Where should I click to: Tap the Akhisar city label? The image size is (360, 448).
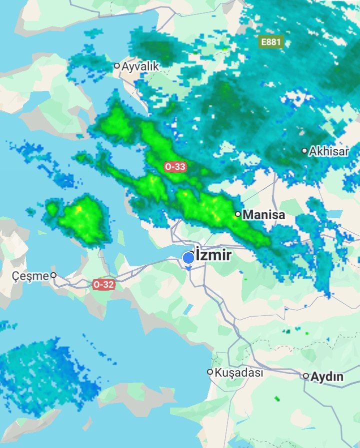click(329, 151)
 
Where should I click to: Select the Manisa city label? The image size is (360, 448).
click(263, 215)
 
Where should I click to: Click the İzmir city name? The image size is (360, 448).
click(213, 255)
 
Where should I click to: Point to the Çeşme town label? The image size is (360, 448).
click(30, 275)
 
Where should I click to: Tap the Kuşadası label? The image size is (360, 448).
click(238, 373)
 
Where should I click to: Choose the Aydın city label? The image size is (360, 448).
click(327, 377)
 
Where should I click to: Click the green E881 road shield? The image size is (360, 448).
click(270, 42)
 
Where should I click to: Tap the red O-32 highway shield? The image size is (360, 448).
click(103, 284)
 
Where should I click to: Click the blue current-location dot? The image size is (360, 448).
click(188, 258)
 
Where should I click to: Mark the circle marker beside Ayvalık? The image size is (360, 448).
click(117, 65)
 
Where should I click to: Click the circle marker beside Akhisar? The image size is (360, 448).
click(304, 150)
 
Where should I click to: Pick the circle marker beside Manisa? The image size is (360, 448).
click(238, 215)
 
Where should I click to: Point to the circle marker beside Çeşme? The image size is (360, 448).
click(53, 275)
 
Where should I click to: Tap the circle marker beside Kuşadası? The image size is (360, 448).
click(210, 372)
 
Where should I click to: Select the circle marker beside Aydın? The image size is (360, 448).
click(305, 376)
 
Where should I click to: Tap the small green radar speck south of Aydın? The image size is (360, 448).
click(277, 399)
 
